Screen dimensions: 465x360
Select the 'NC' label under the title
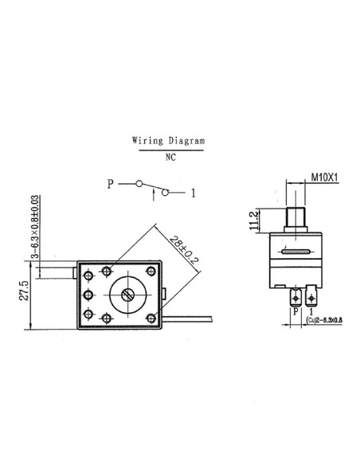(x=170, y=158)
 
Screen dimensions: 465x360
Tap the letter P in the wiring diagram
(x=111, y=184)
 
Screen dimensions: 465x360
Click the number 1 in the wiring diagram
(x=194, y=192)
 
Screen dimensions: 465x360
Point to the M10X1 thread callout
(x=323, y=178)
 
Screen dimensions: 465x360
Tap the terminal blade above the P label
(x=295, y=299)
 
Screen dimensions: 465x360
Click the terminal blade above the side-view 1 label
(x=311, y=299)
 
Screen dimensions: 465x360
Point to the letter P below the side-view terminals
(x=294, y=313)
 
